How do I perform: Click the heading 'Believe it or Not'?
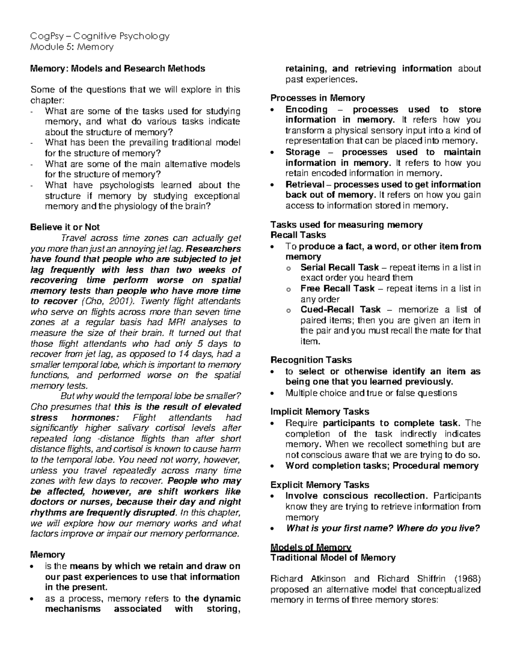pyautogui.click(x=65, y=227)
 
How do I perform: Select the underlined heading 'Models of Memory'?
pyautogui.click(x=311, y=547)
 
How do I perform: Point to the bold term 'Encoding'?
pyautogui.click(x=307, y=109)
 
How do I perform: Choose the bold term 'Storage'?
pyautogui.click(x=303, y=152)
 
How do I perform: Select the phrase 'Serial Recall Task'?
pyautogui.click(x=339, y=267)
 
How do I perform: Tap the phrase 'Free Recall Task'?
pyautogui.click(x=337, y=289)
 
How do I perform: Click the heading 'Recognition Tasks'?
pyautogui.click(x=311, y=360)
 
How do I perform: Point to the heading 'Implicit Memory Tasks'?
pyautogui.click(x=320, y=412)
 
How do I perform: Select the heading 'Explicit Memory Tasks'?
pyautogui.click(x=320, y=485)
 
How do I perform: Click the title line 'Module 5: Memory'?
pyautogui.click(x=72, y=47)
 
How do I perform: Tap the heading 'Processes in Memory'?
pyautogui.click(x=318, y=98)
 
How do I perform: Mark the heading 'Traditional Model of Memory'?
pyautogui.click(x=333, y=558)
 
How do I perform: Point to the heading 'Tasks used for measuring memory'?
pyautogui.click(x=346, y=225)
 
